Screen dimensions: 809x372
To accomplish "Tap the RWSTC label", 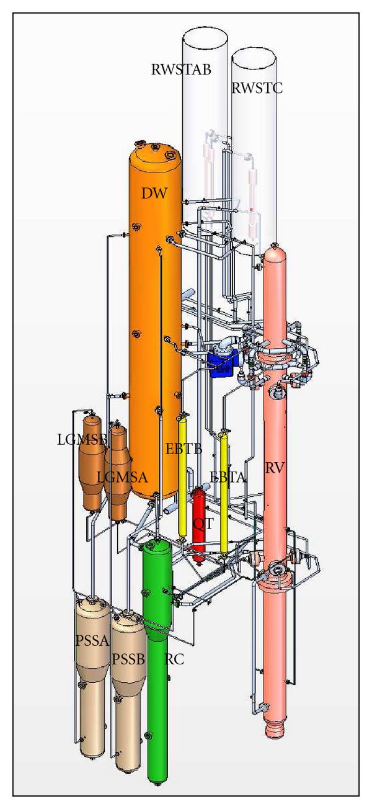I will click(x=257, y=88).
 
